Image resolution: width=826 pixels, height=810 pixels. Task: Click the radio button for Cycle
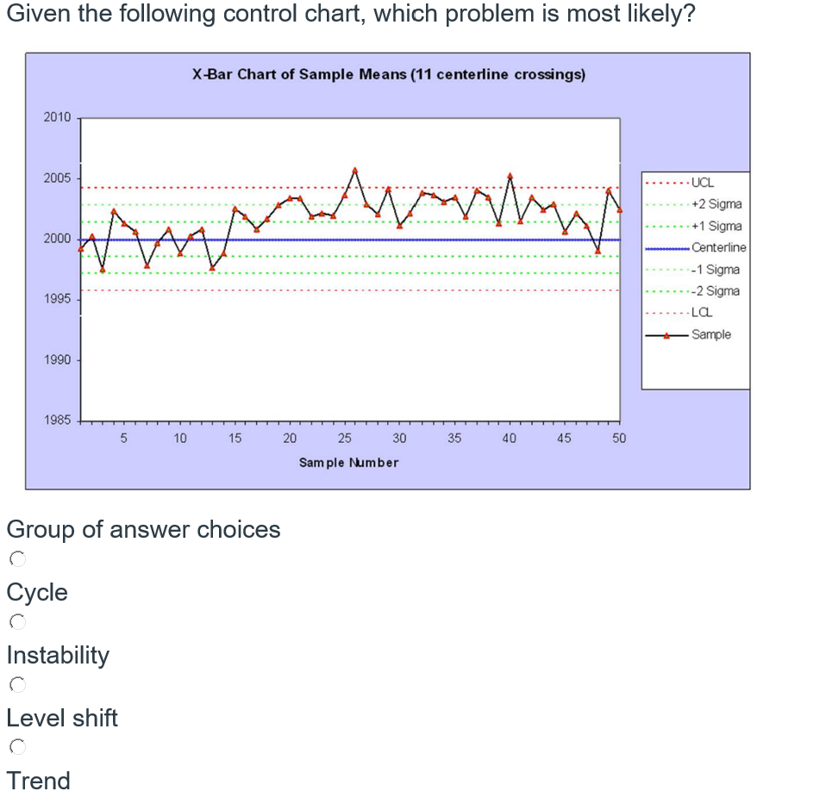click(x=16, y=559)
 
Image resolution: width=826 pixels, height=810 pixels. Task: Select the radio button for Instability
click(x=16, y=622)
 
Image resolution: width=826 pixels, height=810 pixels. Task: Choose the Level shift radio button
click(x=16, y=685)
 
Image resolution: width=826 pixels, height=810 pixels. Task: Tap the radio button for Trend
click(x=16, y=747)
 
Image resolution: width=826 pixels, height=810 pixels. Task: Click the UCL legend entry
click(x=702, y=183)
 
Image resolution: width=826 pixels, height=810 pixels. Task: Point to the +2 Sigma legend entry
click(x=716, y=204)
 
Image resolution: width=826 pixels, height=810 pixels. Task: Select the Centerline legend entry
click(x=718, y=247)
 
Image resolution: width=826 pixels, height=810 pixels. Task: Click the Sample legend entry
click(x=710, y=334)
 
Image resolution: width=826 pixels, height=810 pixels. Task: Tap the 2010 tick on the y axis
click(x=58, y=117)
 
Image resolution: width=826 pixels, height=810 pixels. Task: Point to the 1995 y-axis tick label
click(x=58, y=300)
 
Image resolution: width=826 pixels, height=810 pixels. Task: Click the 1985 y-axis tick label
click(x=58, y=421)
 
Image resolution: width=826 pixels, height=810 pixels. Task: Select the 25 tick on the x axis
click(x=344, y=439)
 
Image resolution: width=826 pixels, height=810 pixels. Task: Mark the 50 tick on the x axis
click(x=619, y=439)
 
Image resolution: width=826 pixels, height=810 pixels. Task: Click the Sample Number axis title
click(x=348, y=463)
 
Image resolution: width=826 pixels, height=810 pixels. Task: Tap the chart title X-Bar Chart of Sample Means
click(x=388, y=74)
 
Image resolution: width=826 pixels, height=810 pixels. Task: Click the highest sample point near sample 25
click(x=354, y=170)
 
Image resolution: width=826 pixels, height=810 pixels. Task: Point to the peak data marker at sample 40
click(x=510, y=176)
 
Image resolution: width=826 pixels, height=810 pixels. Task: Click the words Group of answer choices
click(x=143, y=529)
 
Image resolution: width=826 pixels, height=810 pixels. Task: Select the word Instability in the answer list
click(x=58, y=655)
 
